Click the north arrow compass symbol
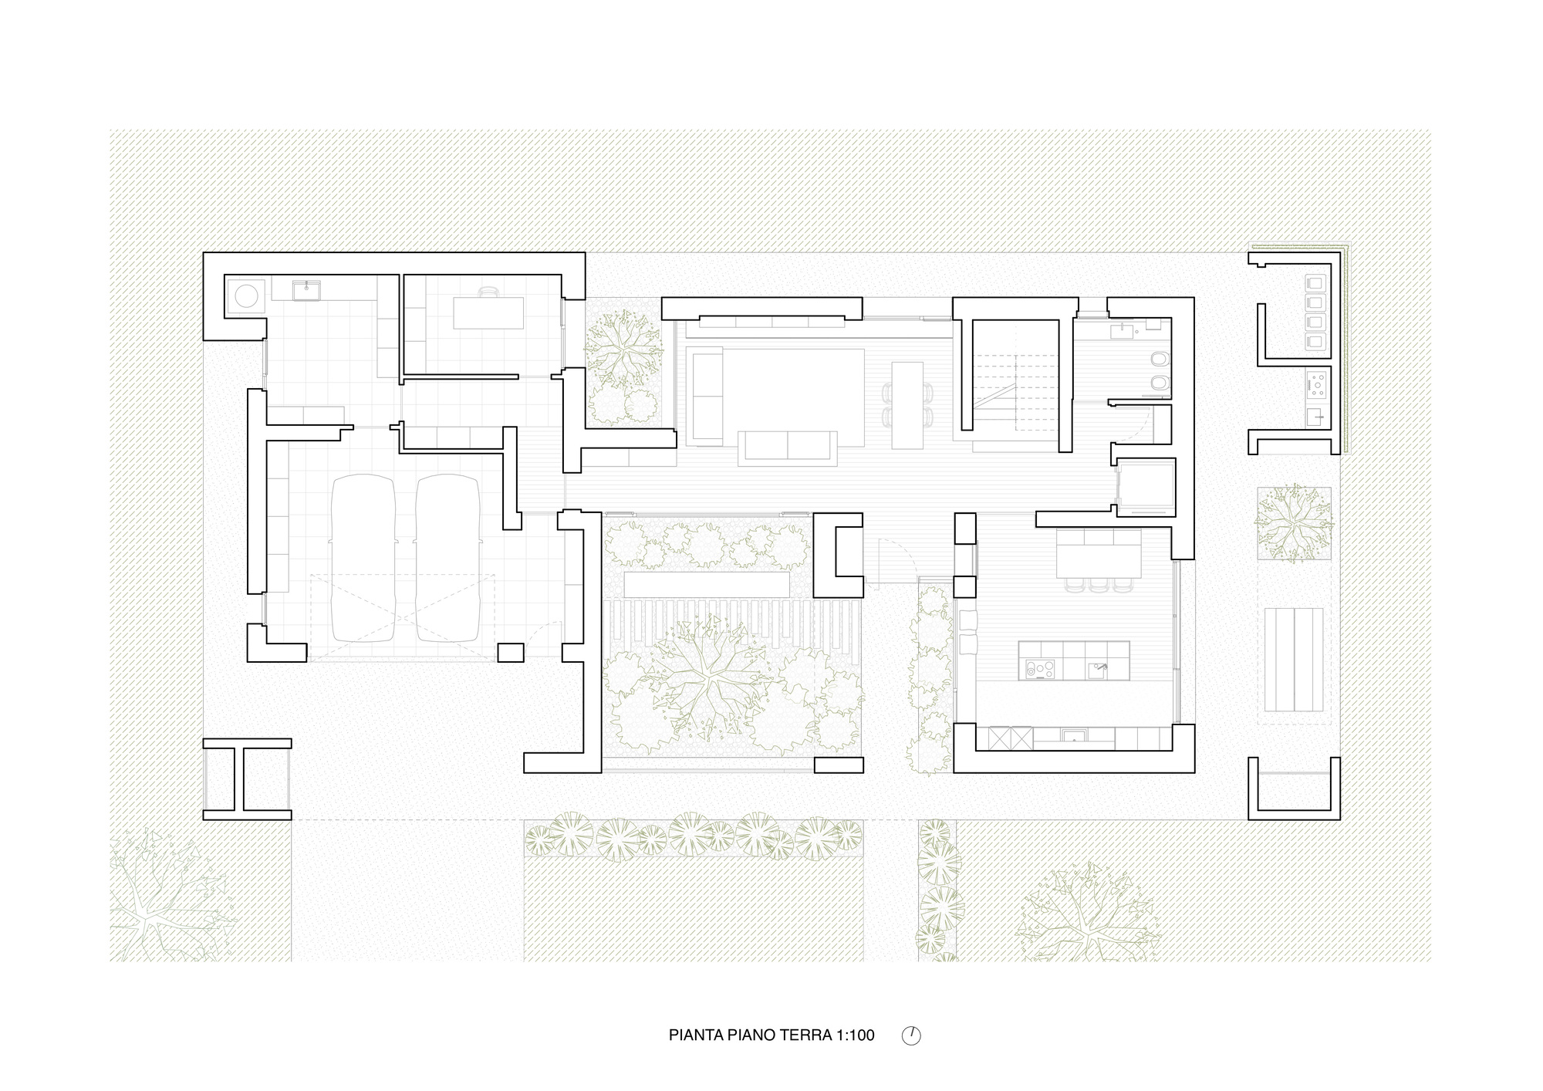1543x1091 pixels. click(911, 1035)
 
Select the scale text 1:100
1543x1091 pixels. click(855, 1035)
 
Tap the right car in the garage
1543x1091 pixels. click(447, 559)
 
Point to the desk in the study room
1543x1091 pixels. click(488, 312)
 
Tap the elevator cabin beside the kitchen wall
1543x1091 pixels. click(1146, 487)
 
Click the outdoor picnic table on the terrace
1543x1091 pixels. click(1294, 660)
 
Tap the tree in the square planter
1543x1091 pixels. click(1295, 524)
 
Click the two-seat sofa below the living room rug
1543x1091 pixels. click(787, 448)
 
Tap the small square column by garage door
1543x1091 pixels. click(510, 652)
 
